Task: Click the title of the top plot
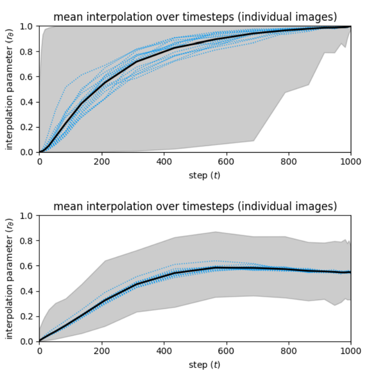[195, 17]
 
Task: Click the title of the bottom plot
[195, 206]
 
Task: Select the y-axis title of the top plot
[9, 89]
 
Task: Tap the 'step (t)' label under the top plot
[204, 176]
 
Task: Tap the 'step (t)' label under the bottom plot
[204, 365]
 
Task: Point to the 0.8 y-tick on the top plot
[26, 52]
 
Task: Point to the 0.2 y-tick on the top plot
[26, 127]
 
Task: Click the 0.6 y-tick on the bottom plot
[26, 266]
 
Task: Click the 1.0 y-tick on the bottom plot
[26, 215]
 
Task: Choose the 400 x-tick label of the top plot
[164, 162]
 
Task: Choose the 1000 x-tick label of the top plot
[350, 162]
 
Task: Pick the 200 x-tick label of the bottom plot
[102, 351]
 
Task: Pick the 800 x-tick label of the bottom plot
[288, 351]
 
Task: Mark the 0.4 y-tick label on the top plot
[26, 102]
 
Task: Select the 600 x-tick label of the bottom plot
[226, 351]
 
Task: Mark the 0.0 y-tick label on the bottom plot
[26, 342]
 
